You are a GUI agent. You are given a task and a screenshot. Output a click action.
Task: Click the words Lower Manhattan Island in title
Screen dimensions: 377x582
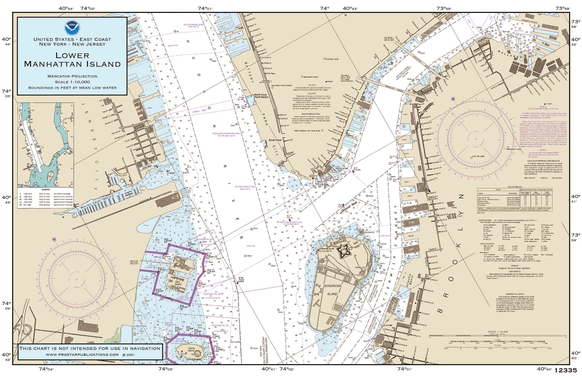click(72, 60)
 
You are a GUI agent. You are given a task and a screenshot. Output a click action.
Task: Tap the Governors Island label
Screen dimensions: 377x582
click(332, 290)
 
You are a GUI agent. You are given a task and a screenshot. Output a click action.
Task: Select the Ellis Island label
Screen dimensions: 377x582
click(178, 282)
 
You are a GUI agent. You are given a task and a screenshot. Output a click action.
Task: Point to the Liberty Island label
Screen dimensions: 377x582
click(191, 349)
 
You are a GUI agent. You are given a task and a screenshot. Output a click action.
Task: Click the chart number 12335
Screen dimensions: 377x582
click(565, 370)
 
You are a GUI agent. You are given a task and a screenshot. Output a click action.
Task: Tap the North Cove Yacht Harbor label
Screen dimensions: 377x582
click(261, 96)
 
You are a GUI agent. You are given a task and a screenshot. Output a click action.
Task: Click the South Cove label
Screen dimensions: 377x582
click(275, 140)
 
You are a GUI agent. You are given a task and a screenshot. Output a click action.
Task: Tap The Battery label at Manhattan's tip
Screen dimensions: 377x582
click(299, 174)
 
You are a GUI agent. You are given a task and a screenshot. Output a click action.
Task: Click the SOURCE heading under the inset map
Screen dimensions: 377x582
click(46, 190)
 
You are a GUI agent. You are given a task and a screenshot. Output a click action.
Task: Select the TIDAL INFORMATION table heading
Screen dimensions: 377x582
click(514, 187)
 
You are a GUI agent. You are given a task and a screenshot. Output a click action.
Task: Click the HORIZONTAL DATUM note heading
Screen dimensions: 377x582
click(515, 294)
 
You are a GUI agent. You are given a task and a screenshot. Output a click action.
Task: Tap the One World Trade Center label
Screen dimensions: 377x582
click(281, 86)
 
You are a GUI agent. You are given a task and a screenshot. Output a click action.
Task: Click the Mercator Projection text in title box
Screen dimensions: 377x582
click(72, 76)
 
